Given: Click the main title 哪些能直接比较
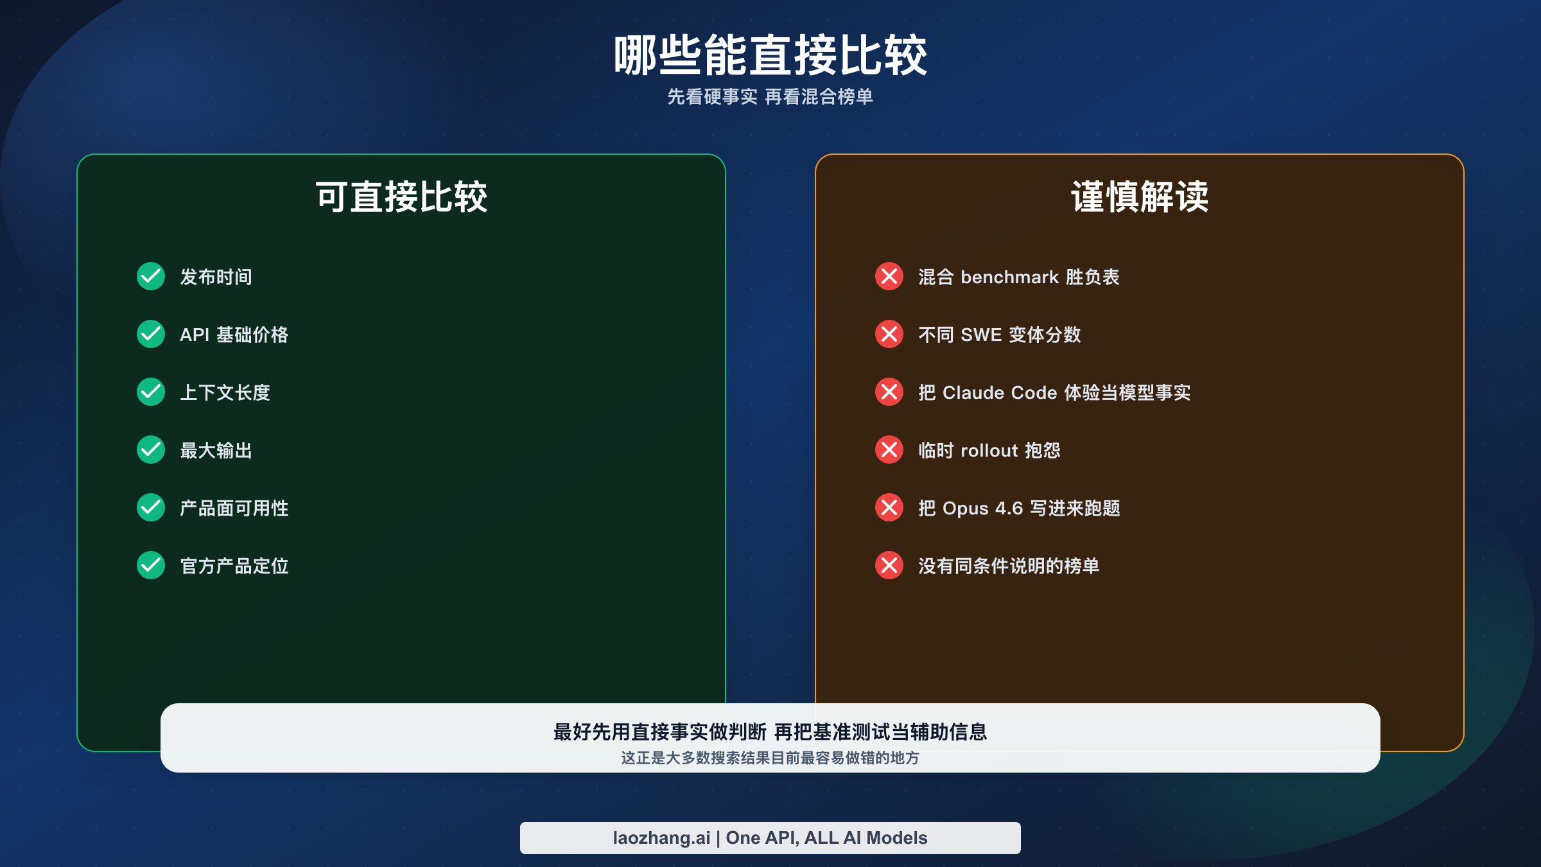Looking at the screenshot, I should [770, 56].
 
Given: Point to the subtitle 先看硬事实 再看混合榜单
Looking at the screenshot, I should [770, 97].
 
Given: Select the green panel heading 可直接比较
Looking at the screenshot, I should [401, 197].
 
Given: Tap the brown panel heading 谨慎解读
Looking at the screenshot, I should [1140, 197].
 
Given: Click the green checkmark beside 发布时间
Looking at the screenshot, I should [151, 276].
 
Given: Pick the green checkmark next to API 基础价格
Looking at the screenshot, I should [151, 334].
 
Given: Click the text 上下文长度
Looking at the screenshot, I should [225, 392].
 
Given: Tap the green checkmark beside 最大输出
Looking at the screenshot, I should [151, 450].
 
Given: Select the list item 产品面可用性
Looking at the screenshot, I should [234, 508].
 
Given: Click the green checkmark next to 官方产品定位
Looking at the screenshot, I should [151, 565].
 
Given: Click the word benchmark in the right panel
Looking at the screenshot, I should [1009, 277].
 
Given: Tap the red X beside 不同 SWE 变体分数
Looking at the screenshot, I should [889, 334].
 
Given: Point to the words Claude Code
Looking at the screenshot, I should [999, 392].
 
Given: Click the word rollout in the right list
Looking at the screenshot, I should [989, 450].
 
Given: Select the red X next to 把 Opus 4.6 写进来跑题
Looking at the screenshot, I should [889, 507].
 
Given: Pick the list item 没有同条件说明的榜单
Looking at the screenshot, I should [1009, 566].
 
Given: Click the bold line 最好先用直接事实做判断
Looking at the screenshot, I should [660, 731].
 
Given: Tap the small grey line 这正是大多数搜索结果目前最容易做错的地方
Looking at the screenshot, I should [770, 758].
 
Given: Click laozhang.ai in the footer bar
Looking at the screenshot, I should [661, 837].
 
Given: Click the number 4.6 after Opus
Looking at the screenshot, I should [1009, 508].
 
